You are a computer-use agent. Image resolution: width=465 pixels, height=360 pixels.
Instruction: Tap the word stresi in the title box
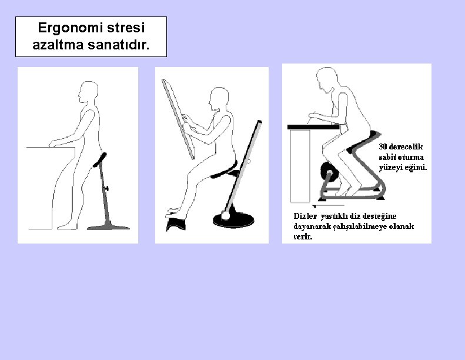pos(126,28)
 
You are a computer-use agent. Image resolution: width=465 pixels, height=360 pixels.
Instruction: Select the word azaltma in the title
pos(58,45)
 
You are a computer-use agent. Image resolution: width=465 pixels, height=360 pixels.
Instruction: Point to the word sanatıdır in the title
pos(119,45)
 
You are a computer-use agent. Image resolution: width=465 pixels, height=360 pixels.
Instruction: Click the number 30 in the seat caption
pos(383,146)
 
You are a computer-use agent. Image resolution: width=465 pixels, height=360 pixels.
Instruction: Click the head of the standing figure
pos(88,92)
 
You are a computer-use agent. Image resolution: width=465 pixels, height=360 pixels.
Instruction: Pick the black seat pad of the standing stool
pos(100,160)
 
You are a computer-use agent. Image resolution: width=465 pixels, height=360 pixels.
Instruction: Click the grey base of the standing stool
pos(108,226)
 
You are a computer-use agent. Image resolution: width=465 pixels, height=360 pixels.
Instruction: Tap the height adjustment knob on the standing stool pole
pos(106,188)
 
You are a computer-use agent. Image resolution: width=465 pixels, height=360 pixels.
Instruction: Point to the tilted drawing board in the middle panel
pos(178,119)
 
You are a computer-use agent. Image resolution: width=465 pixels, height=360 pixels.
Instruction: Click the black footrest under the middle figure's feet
pos(176,224)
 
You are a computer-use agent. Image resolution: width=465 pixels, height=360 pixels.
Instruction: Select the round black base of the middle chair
pos(233,220)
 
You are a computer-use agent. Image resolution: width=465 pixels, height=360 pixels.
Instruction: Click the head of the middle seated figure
pos(219,99)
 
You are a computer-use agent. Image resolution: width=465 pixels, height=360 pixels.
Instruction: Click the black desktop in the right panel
pos(313,127)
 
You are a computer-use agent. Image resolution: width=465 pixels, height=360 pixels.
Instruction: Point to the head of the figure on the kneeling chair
pos(326,78)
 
